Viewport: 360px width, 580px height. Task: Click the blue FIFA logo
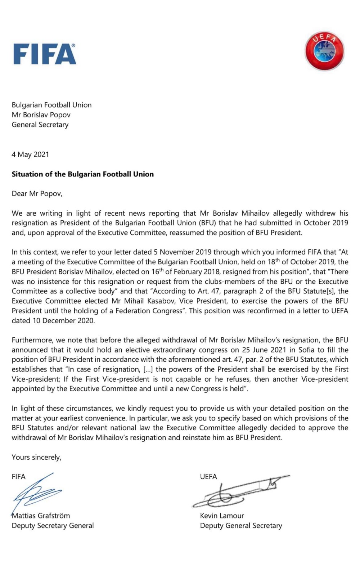coord(44,54)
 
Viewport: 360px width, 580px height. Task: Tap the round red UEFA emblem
coord(324,51)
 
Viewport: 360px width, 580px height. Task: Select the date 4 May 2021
coord(30,154)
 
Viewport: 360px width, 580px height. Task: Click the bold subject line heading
coord(82,174)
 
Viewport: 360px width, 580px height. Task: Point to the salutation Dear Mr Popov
coord(37,194)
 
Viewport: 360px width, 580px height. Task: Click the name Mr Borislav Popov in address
coord(41,115)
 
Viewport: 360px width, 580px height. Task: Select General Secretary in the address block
coord(40,125)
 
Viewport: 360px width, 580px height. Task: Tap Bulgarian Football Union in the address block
coord(51,105)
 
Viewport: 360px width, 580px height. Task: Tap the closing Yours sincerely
coord(36,457)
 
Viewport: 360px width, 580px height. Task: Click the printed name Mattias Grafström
coord(41,516)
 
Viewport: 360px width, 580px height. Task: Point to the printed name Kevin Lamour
coord(222,516)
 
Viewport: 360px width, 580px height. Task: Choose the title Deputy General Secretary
coord(241,525)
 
